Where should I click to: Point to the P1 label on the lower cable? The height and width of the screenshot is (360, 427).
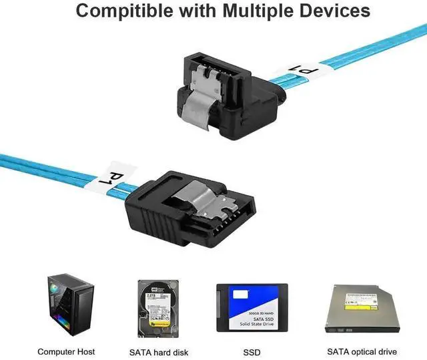pyautogui.click(x=119, y=175)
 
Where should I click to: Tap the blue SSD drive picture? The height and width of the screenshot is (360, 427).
pyautogui.click(x=252, y=309)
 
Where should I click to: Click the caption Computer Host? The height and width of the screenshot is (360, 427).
pyautogui.click(x=66, y=351)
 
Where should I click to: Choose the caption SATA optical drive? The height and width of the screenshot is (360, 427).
pyautogui.click(x=362, y=351)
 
